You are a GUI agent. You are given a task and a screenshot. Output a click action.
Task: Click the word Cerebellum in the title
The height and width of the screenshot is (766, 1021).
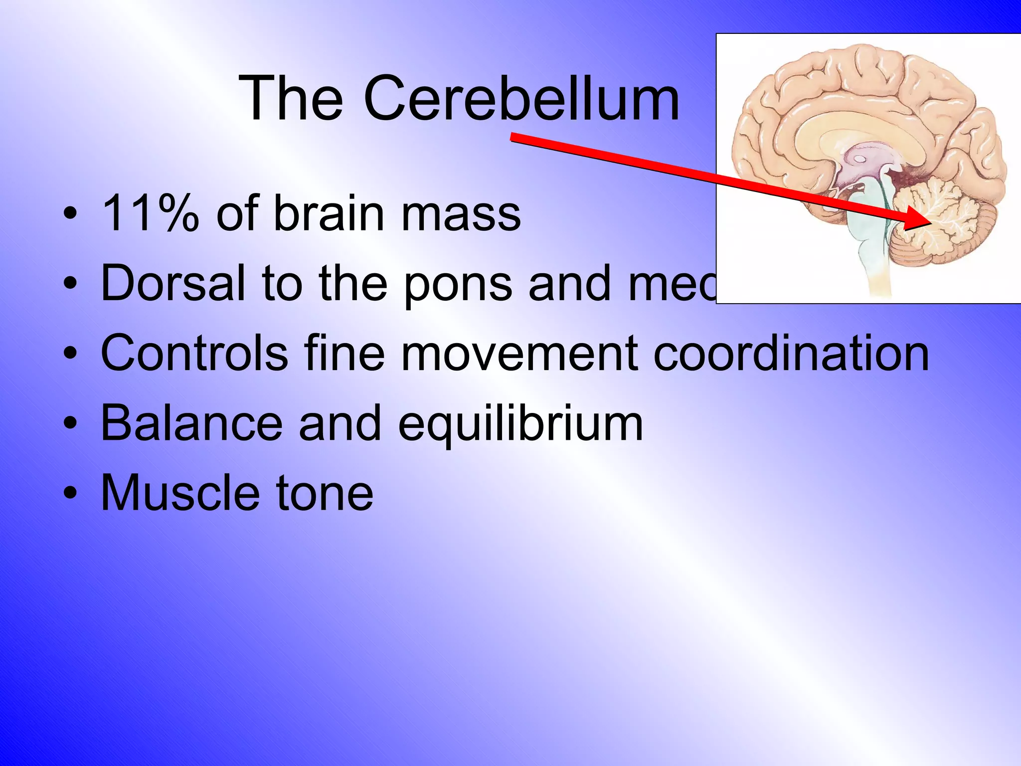click(521, 98)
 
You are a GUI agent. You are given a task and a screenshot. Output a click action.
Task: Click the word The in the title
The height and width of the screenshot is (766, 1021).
click(291, 98)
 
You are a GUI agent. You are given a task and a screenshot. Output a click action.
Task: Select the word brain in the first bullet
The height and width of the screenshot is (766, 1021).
click(329, 214)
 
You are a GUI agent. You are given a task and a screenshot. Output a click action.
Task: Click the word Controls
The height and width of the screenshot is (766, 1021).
click(194, 353)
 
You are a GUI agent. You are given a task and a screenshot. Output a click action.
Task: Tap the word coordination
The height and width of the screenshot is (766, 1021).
click(791, 353)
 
